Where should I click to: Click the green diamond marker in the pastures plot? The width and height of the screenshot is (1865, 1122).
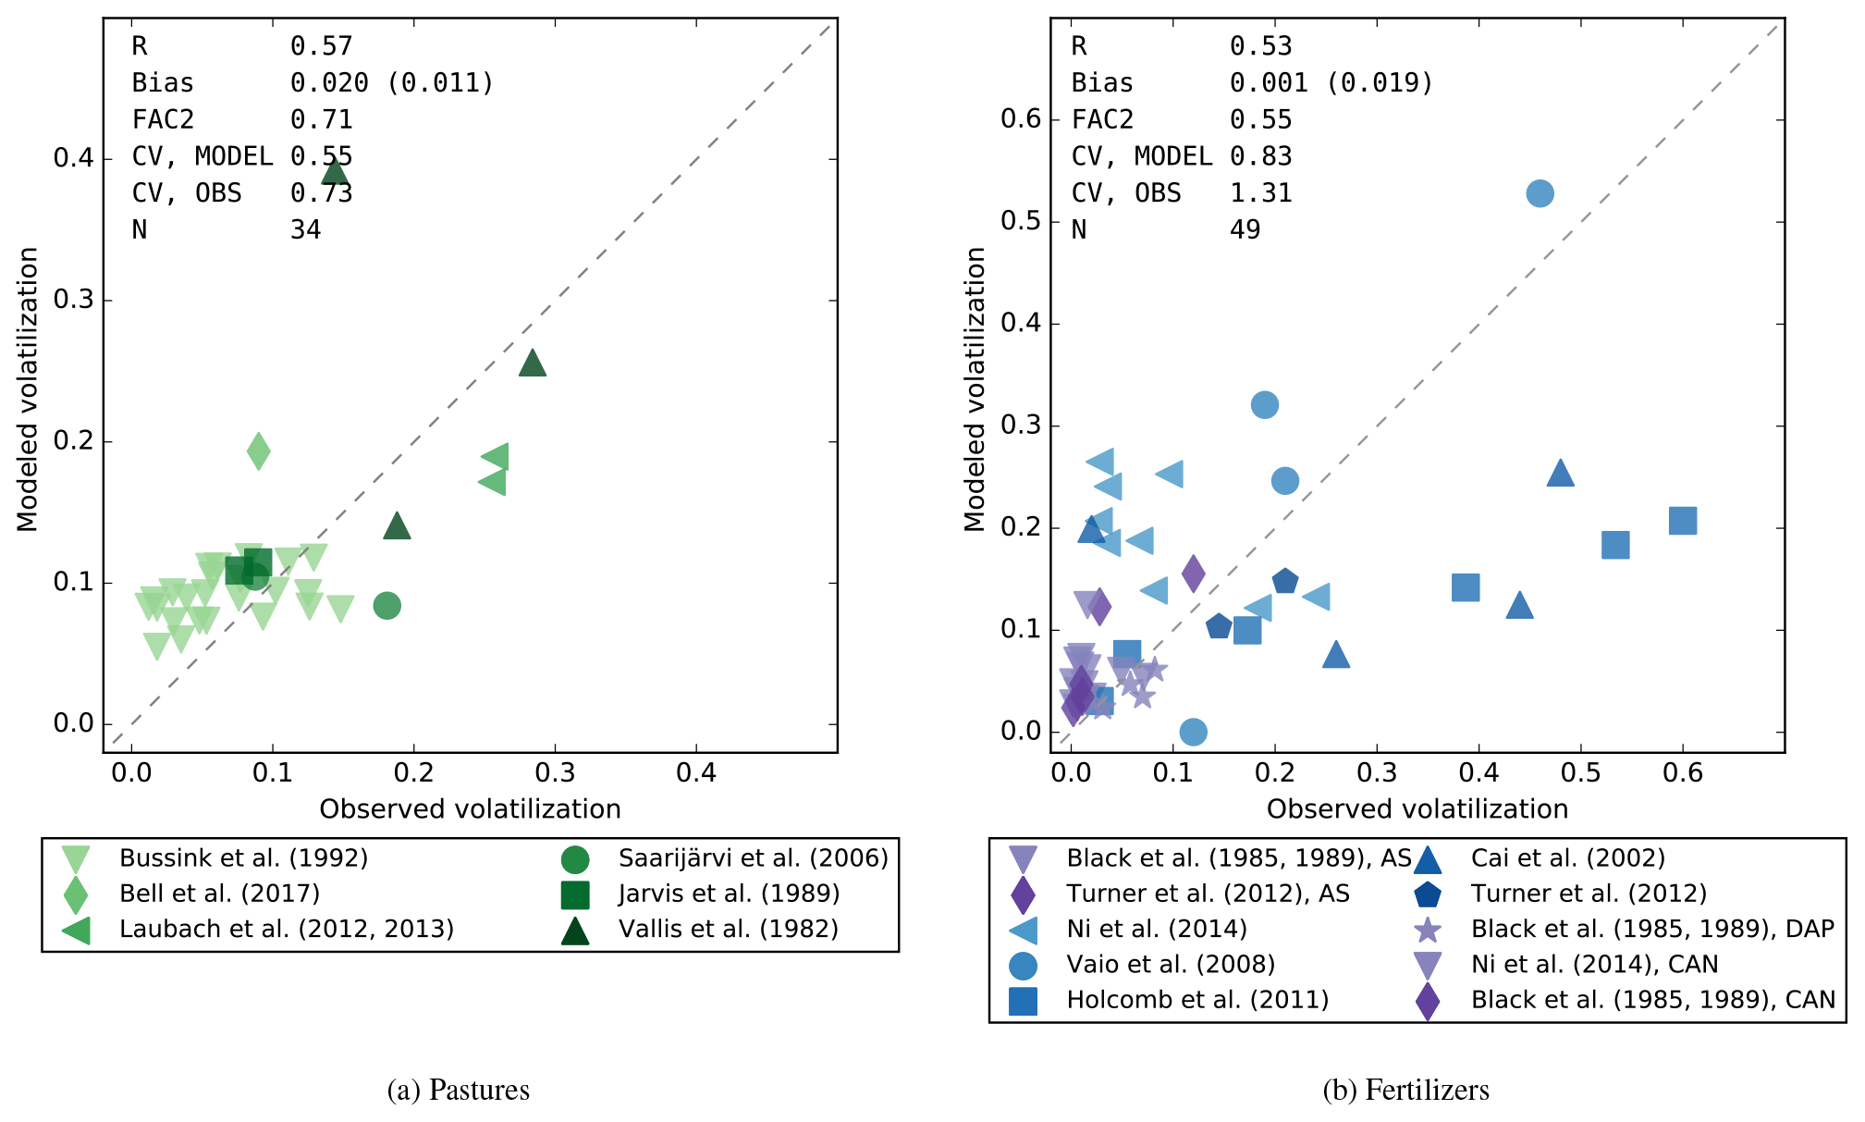coord(259,451)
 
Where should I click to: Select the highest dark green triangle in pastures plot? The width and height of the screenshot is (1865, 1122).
coord(336,171)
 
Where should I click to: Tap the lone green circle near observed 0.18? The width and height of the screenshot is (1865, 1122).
coord(387,606)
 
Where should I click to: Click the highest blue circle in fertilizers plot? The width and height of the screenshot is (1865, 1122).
coord(1540,193)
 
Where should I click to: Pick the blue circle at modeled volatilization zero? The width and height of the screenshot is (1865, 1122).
coord(1194,732)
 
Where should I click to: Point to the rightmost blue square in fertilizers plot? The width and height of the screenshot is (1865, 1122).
coord(1683,521)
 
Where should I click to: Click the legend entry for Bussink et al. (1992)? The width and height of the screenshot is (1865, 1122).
coord(243,858)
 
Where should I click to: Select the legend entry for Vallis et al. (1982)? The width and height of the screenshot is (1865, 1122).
coord(728,929)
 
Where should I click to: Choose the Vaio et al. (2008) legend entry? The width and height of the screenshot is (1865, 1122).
coord(1170,964)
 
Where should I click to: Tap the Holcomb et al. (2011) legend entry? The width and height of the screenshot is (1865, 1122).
coord(1196,1000)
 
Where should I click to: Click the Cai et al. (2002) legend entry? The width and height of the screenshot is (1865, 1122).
coord(1567,858)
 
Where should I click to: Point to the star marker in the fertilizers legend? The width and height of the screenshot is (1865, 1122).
coord(1429,930)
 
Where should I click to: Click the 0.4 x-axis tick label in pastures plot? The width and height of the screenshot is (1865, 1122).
coord(696,772)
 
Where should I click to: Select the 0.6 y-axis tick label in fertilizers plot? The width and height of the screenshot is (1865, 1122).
coord(1021,119)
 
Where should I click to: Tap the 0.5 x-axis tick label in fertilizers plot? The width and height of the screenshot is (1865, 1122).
coord(1581,772)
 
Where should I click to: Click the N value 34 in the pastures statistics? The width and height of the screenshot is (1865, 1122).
coord(306,229)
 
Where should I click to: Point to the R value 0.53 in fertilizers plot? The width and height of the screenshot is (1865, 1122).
coord(1260,46)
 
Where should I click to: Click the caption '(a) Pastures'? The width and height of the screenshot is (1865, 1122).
coord(459,1090)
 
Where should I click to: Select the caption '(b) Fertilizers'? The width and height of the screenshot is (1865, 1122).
coord(1405,1090)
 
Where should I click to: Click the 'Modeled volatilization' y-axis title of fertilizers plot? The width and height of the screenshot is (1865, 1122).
coord(975,389)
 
